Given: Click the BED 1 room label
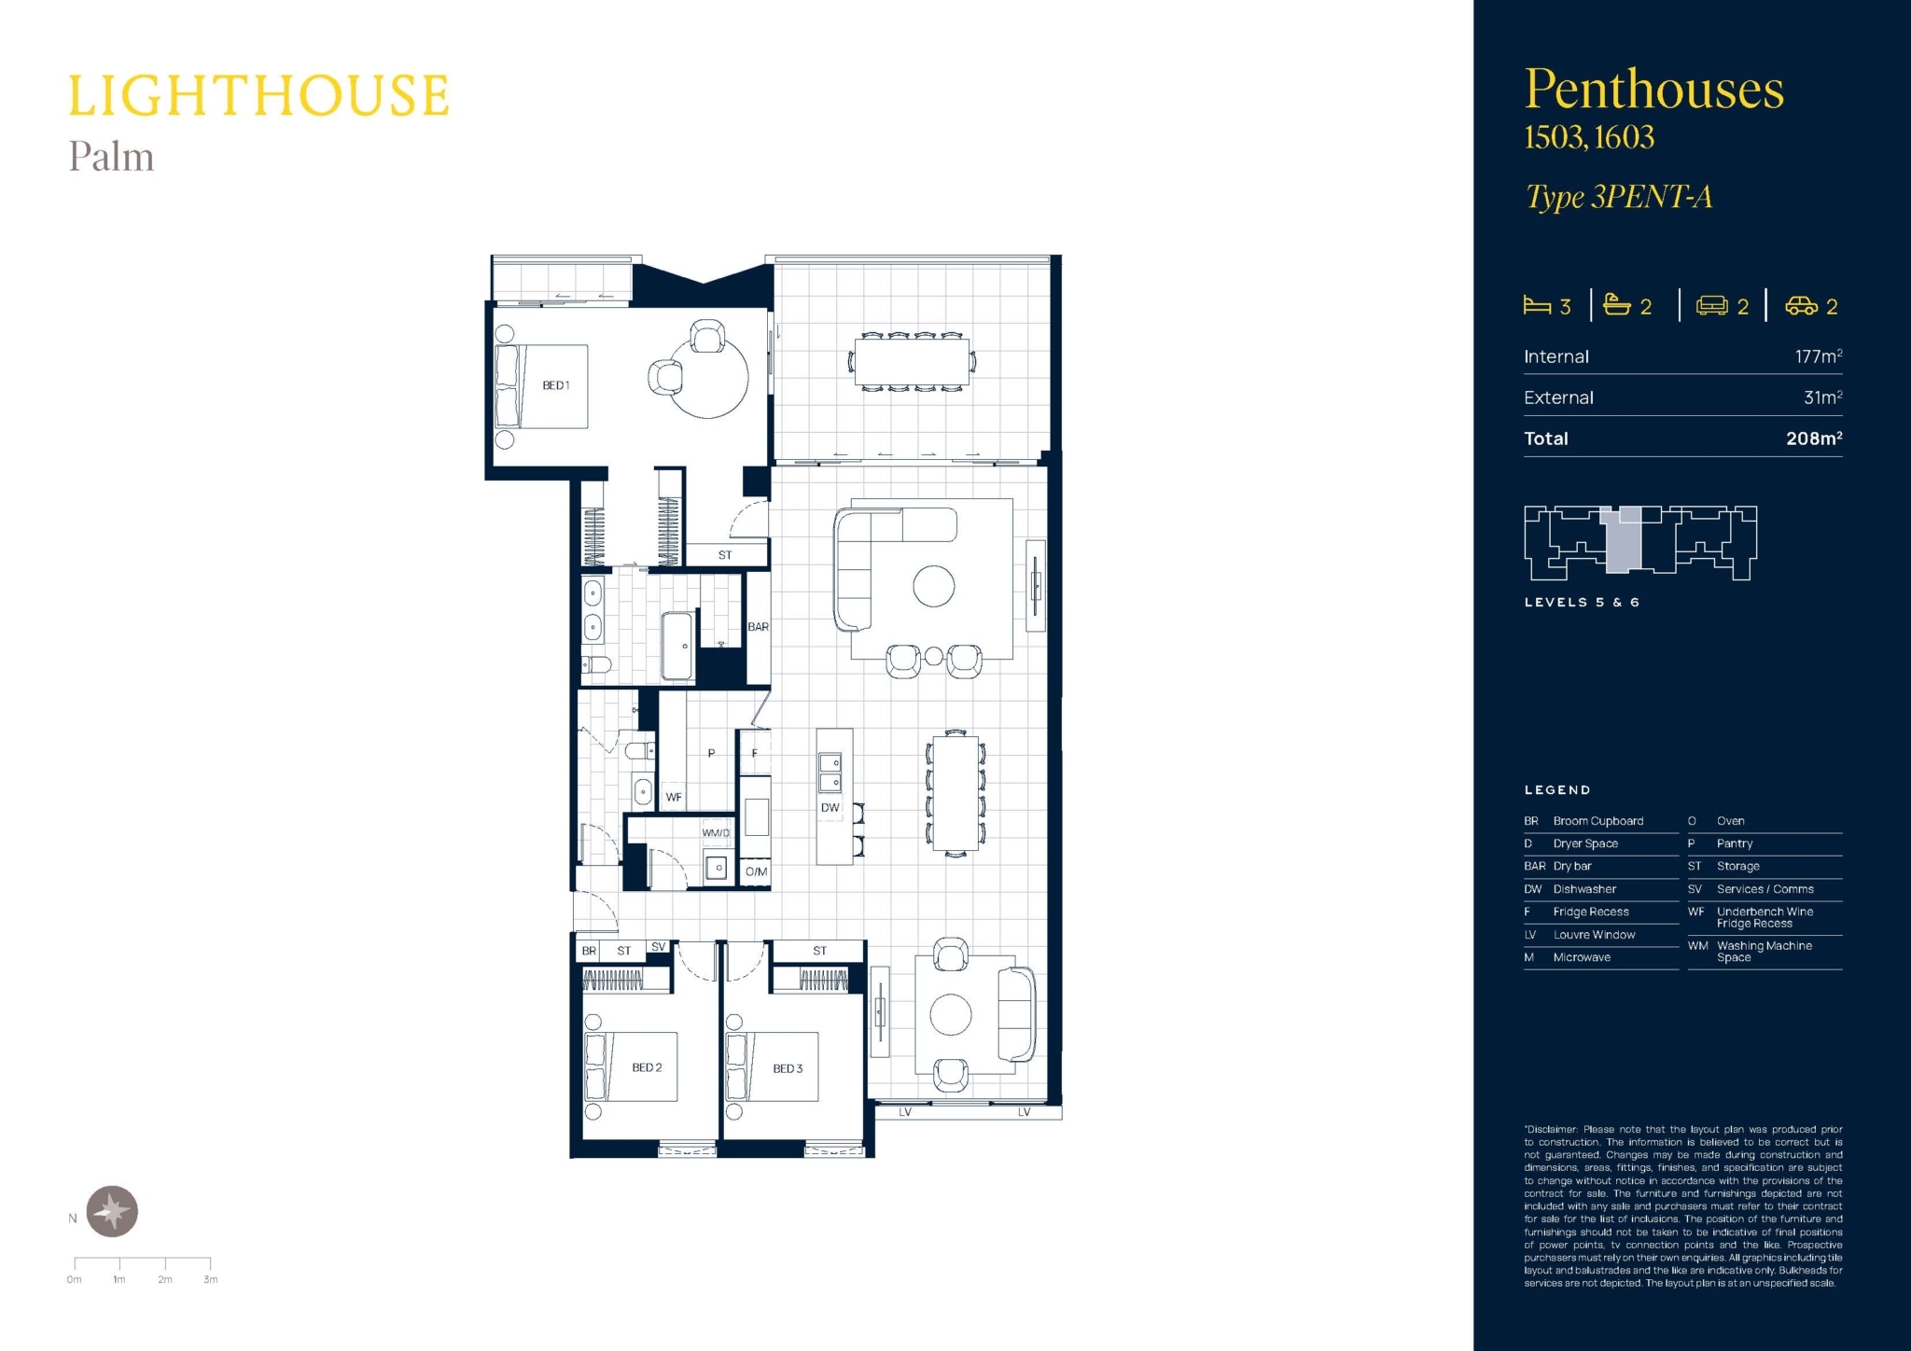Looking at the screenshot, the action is pos(556,385).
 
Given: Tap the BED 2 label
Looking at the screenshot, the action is pos(647,1067).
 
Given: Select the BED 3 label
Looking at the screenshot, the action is pos(788,1068).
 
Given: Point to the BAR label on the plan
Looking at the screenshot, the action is pos(759,627).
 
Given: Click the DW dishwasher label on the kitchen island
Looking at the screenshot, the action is pos(830,808).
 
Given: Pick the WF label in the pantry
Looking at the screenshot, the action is pos(674,798).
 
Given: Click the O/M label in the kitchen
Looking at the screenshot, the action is pos(757,871).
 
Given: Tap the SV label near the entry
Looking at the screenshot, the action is pos(659,946).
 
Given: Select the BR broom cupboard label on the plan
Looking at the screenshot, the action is pos(589,951).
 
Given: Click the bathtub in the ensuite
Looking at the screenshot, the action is pos(677,646).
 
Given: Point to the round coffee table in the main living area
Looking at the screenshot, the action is pos(934,587).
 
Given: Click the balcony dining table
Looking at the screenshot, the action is pos(912,361).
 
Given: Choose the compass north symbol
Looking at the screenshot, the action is pos(113,1211).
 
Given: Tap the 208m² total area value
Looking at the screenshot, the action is pos(1814,438).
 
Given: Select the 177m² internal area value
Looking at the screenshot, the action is pos(1819,356).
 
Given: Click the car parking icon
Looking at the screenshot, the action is pos(1801,306).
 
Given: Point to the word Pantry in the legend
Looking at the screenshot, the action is pos(1735,843).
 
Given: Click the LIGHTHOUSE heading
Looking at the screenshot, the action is pos(258,95).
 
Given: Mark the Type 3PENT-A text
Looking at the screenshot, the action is pos(1619,197).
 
